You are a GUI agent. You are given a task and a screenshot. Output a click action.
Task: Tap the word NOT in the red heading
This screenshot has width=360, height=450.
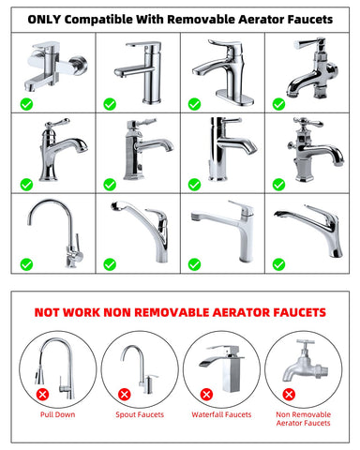pyautogui.click(x=47, y=312)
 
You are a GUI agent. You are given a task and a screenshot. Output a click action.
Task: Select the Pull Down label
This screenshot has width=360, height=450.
pyautogui.click(x=58, y=414)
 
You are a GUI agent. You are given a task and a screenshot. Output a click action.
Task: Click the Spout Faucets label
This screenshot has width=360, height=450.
pyautogui.click(x=140, y=414)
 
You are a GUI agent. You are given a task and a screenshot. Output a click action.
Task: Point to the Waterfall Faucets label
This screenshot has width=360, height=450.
pyautogui.click(x=221, y=414)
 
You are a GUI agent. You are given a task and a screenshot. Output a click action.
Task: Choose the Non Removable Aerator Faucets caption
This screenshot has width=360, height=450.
pyautogui.click(x=304, y=419)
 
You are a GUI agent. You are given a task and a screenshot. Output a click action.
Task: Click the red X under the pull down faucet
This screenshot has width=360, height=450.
pyautogui.click(x=42, y=395)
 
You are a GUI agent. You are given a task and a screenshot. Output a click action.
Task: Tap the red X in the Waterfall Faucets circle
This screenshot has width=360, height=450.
pyautogui.click(x=206, y=395)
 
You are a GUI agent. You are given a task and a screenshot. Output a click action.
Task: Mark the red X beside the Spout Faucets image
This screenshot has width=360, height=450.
pyautogui.click(x=125, y=395)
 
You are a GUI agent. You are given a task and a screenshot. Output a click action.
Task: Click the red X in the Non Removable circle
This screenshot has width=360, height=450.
pyautogui.click(x=289, y=395)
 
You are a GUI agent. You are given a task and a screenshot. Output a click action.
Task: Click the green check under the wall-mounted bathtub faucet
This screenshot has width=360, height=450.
pyautogui.click(x=26, y=104)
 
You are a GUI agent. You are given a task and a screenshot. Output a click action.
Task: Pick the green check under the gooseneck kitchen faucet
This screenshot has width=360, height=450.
pyautogui.click(x=26, y=264)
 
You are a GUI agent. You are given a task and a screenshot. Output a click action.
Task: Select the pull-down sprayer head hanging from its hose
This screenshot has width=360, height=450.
pyautogui.click(x=38, y=376)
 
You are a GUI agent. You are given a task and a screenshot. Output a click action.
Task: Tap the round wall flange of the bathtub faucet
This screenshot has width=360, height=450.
pyautogui.click(x=78, y=66)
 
